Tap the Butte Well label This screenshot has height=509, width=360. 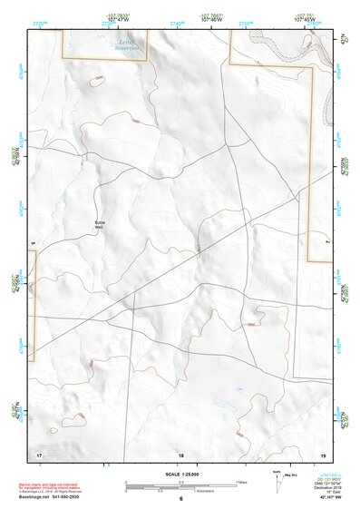pos(100,222)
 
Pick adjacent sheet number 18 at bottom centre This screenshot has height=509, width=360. pos(180,453)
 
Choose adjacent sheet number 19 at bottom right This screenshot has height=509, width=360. pos(322,453)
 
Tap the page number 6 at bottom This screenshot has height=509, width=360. pos(180,499)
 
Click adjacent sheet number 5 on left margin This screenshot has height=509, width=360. pos(32,243)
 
